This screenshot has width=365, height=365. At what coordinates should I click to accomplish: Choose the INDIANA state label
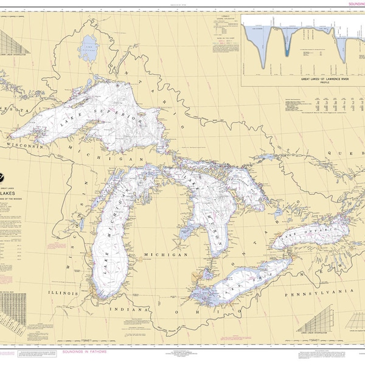[x=130, y=309]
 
